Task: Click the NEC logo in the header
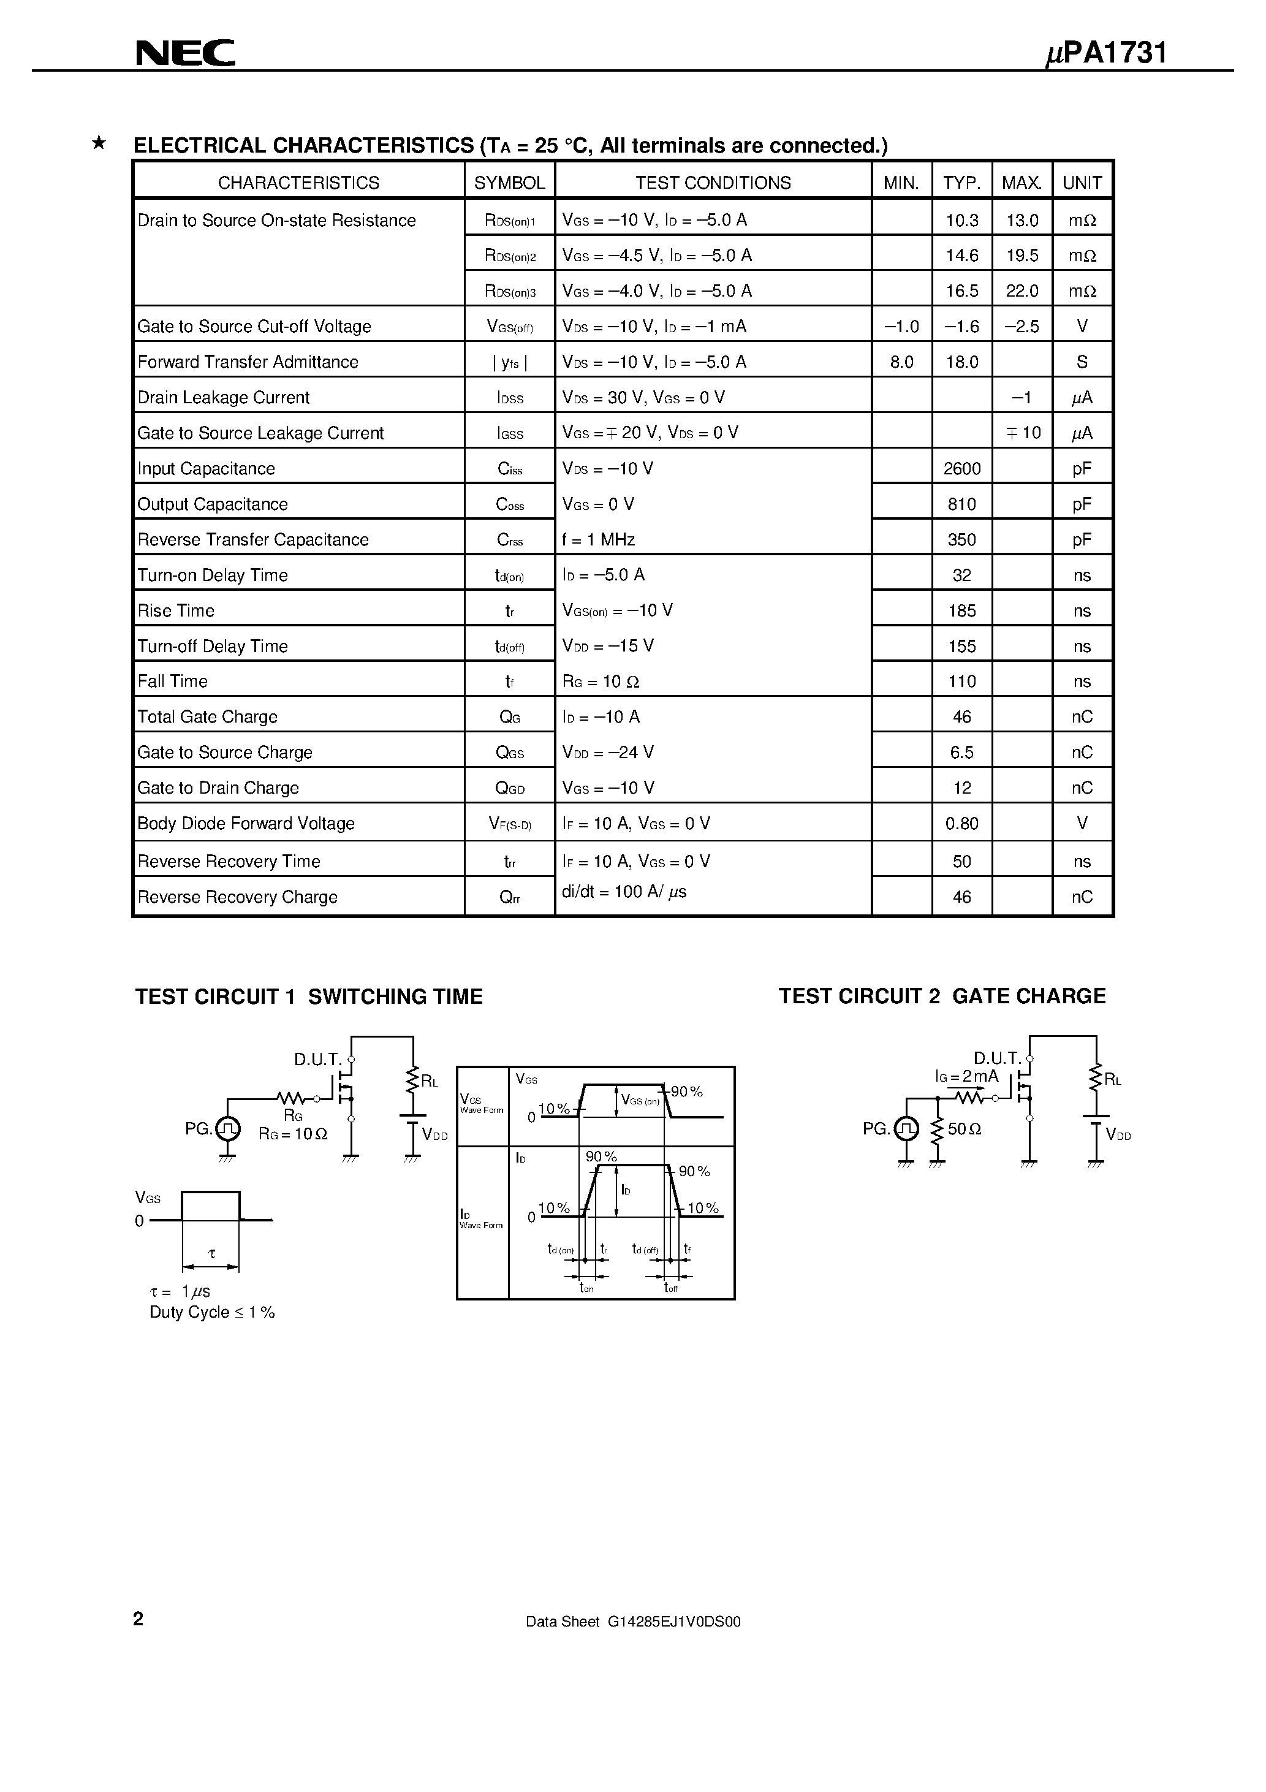186,53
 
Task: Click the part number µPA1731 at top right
1105,53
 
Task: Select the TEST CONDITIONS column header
713,183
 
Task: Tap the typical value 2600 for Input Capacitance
961,468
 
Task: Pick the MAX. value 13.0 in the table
1022,220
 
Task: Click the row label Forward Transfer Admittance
248,362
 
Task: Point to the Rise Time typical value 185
961,610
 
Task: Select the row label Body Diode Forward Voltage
246,824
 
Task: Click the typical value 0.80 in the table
961,824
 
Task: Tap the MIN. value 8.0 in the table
901,362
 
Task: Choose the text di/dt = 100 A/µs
624,891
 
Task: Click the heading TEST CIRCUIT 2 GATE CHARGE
942,996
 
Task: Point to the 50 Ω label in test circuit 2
964,1129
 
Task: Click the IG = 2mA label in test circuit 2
966,1076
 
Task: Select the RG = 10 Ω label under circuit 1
293,1134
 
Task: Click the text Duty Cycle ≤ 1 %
212,1312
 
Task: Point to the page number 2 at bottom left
138,1619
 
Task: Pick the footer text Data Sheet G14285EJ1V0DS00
633,1621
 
